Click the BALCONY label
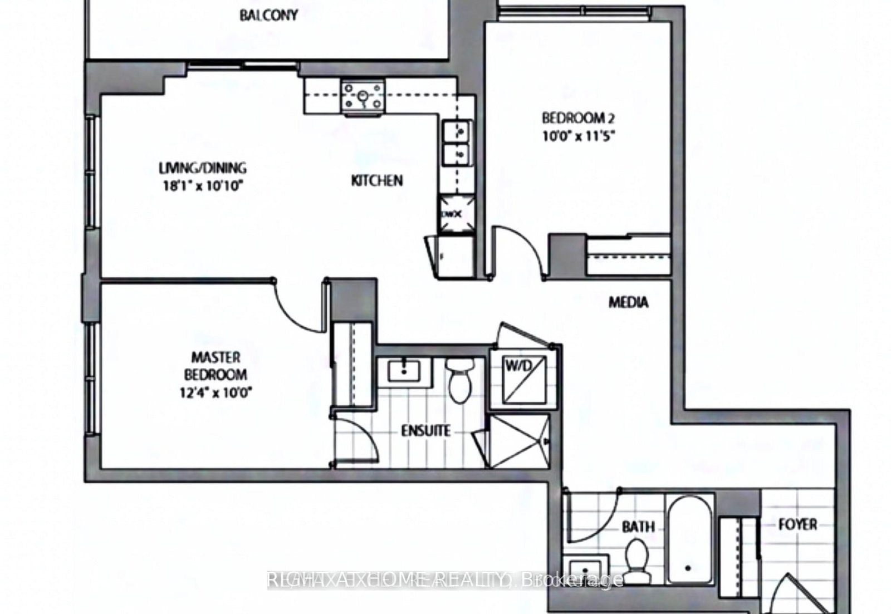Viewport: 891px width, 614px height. (x=268, y=15)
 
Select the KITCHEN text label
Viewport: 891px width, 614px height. (x=377, y=180)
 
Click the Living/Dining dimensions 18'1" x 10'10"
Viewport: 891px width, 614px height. (x=202, y=185)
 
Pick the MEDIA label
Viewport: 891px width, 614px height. (x=628, y=302)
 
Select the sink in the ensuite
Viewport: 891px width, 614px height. (x=404, y=371)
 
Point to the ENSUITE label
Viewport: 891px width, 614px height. (x=426, y=431)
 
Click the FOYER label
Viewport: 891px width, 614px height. (x=797, y=524)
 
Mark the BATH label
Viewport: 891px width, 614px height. (x=638, y=526)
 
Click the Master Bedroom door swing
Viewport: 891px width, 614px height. (x=298, y=306)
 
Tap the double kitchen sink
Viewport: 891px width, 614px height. (x=457, y=144)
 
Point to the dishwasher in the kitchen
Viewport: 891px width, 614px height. (x=457, y=214)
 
